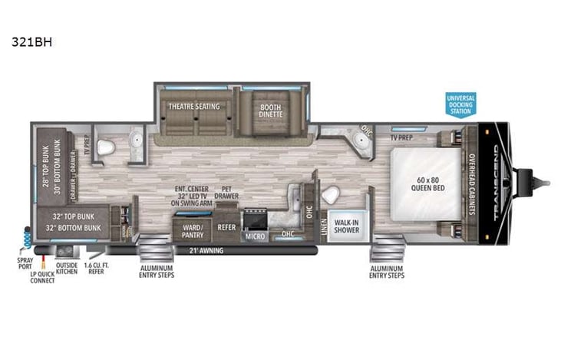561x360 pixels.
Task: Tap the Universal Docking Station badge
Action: tap(460, 103)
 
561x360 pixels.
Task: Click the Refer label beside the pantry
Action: tap(226, 227)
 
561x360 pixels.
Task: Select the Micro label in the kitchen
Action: tap(255, 237)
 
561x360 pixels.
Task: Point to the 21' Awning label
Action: tap(198, 249)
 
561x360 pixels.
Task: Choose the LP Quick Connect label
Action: tap(42, 277)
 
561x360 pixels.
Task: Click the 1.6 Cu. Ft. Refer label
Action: tap(97, 269)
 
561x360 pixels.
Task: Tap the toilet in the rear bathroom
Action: tap(108, 147)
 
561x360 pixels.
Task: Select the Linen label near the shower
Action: tap(323, 225)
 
